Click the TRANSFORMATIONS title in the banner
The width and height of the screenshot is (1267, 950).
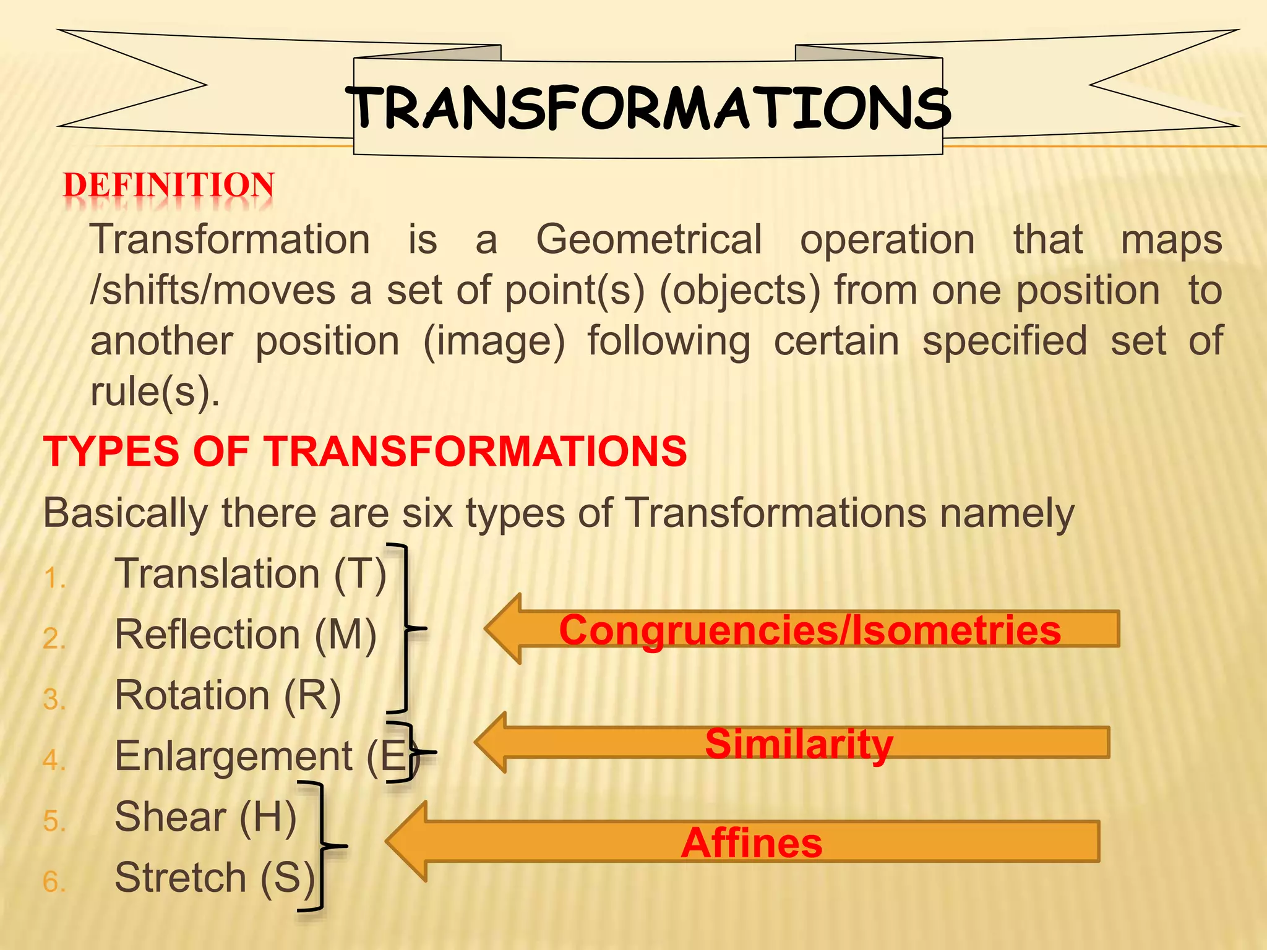click(648, 108)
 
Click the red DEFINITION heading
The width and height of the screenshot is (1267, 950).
click(169, 186)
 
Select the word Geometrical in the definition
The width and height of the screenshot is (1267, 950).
click(648, 240)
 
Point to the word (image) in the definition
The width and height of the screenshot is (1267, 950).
click(494, 342)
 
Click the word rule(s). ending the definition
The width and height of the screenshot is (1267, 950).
click(155, 392)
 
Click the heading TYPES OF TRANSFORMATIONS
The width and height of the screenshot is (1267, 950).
click(365, 451)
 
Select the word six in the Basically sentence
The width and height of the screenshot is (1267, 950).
click(427, 513)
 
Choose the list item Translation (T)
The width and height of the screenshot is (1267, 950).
click(251, 574)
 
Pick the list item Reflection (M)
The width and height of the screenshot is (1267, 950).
click(246, 635)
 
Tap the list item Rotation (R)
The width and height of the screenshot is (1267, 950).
click(228, 696)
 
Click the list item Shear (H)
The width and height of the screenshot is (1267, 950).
click(205, 817)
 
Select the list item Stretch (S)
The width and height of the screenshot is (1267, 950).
click(215, 878)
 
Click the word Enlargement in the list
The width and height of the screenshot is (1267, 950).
click(233, 756)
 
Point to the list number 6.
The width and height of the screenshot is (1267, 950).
click(54, 882)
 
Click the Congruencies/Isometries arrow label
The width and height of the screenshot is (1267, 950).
click(810, 630)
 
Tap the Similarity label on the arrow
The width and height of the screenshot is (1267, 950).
click(799, 743)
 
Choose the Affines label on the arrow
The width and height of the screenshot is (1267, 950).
click(752, 842)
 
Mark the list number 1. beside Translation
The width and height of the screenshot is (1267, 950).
click(54, 579)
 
